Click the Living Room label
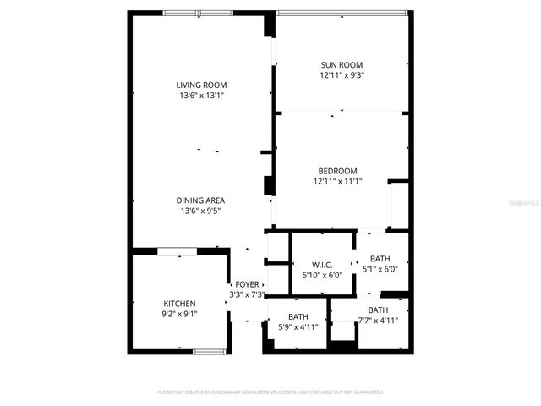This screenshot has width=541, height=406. (201, 85)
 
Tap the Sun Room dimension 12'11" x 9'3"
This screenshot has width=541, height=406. (341, 75)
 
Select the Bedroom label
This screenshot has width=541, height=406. (337, 170)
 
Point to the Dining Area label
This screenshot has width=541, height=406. (200, 200)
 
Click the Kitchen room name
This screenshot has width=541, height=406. (179, 304)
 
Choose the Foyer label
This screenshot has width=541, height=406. (247, 284)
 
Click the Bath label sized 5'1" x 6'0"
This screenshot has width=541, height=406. (380, 259)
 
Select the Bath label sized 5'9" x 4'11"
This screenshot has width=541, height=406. (298, 316)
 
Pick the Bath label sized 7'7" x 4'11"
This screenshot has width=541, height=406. (378, 310)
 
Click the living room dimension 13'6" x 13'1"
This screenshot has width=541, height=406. (201, 96)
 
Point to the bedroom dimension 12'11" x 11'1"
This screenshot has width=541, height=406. (337, 181)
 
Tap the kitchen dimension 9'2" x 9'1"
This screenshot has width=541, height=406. (179, 315)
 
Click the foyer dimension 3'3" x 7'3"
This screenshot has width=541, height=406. (247, 294)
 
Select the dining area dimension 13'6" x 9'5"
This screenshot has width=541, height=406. (200, 211)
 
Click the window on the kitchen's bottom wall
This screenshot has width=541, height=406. (207, 351)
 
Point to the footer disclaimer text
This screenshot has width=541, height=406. (270, 392)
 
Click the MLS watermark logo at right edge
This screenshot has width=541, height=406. (528, 203)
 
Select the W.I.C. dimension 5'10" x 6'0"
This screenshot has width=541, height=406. (322, 275)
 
